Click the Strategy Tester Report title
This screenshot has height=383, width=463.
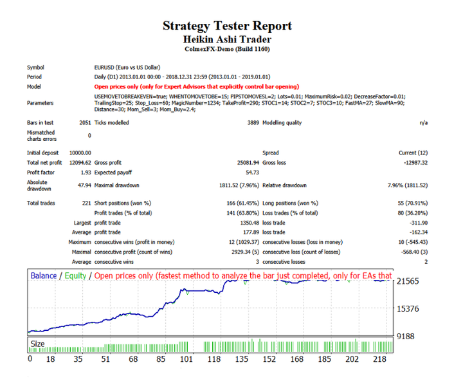click(227, 26)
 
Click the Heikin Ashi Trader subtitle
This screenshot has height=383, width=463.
click(227, 39)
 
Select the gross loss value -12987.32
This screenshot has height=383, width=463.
click(413, 163)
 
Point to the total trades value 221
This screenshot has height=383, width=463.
click(86, 203)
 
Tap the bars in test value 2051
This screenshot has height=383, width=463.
click(83, 122)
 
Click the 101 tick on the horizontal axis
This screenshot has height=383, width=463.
click(186, 359)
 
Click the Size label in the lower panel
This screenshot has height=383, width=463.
click(38, 344)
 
